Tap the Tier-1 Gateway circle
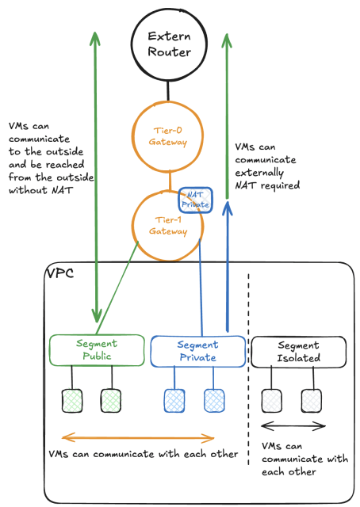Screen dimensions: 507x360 (167, 225)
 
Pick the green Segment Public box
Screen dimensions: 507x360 (96, 349)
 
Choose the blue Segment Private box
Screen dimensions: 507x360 (196, 350)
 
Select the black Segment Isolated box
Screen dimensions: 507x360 (298, 351)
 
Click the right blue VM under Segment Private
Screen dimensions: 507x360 (214, 400)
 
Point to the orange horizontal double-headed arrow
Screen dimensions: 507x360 (139, 437)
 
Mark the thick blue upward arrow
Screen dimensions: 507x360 (228, 269)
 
